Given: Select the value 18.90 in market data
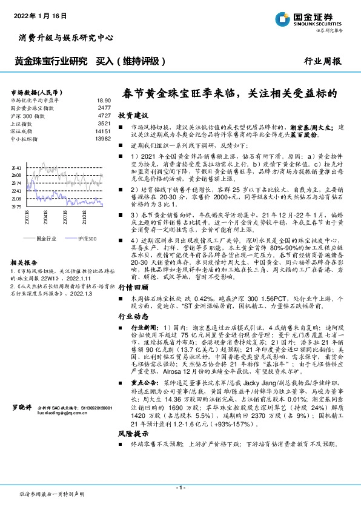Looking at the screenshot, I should pos(104,100).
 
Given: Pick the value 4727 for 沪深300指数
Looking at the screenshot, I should pos(104,114).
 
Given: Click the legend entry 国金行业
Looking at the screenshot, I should pos(44,239).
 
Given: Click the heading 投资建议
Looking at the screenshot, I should pos(133,115).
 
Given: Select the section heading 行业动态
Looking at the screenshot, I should pos(133,316).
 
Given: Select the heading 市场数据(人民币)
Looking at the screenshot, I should pos(36,90).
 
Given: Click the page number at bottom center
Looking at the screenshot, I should pos(180,487).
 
